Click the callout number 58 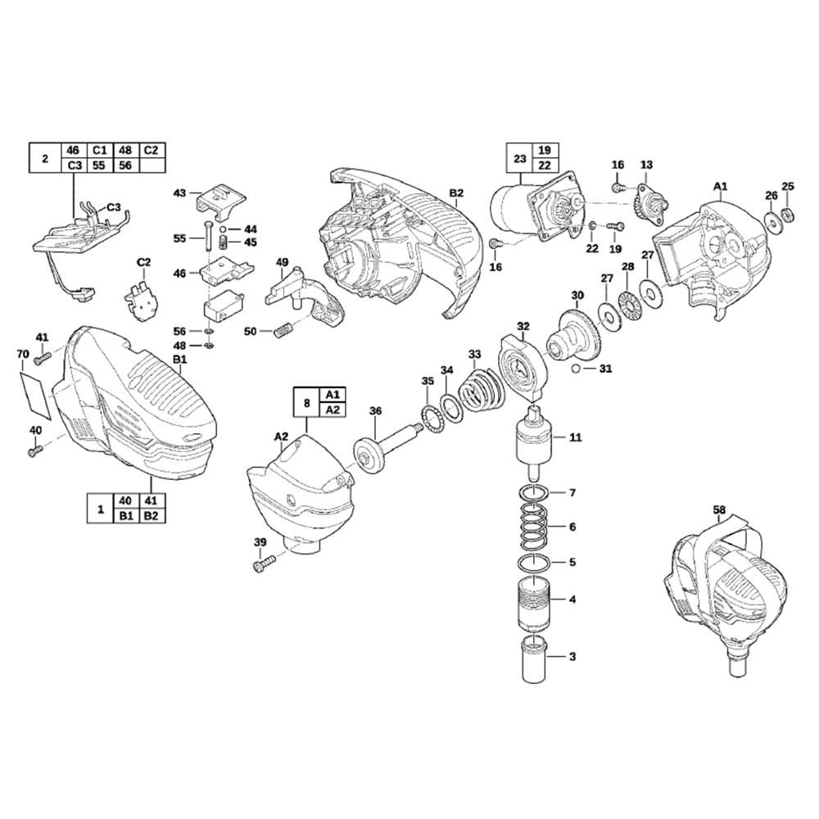pos(719,509)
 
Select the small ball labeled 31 pos(579,369)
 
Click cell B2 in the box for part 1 pos(152,516)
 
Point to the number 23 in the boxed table pos(518,158)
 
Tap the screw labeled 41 pos(43,355)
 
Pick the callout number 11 pos(575,438)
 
